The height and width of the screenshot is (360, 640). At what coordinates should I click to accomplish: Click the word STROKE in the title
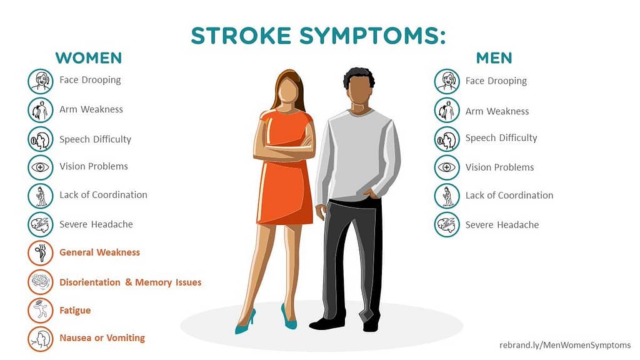(x=241, y=36)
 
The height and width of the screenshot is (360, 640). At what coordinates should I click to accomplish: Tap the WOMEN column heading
(x=89, y=58)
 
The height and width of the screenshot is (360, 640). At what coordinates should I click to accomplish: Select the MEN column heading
(x=494, y=58)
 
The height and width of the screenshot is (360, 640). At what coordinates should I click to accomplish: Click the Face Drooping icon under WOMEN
(x=41, y=81)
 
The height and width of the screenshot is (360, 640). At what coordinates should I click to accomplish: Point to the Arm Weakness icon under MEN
(x=447, y=110)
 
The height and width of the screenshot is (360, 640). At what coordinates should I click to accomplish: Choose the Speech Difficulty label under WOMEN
(x=95, y=139)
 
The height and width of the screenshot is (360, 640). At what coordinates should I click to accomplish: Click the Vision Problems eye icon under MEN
(x=447, y=167)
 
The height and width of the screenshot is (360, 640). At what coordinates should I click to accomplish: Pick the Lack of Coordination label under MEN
(x=509, y=195)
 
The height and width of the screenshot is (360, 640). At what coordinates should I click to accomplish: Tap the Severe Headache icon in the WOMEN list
(x=41, y=224)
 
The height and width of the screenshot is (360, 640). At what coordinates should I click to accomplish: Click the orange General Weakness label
(x=99, y=252)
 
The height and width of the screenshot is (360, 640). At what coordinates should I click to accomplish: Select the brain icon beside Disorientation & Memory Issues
(x=41, y=282)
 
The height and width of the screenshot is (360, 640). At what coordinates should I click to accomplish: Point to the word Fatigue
(x=75, y=311)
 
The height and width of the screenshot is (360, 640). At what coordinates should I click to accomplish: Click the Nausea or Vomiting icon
(x=41, y=339)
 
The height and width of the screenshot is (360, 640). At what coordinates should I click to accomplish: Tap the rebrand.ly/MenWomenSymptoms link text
(x=565, y=345)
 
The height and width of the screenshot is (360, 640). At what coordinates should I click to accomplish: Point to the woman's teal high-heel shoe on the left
(x=245, y=323)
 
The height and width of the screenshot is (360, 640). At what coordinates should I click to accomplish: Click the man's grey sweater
(x=357, y=155)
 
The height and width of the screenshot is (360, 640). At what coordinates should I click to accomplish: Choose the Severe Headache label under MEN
(x=502, y=225)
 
